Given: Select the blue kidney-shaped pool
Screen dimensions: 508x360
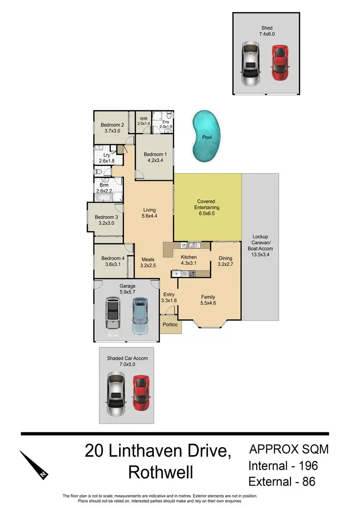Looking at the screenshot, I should (x=207, y=136).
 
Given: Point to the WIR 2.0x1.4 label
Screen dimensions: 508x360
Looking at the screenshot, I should (x=144, y=121).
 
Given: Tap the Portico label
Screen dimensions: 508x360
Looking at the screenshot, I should (x=170, y=325).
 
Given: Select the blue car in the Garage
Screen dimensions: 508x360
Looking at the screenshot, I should (x=140, y=316).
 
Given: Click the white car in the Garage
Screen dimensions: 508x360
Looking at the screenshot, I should (x=113, y=317).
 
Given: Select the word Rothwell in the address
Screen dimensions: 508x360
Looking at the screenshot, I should (x=160, y=473).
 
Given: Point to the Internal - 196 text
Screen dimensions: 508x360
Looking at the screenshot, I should (x=283, y=465).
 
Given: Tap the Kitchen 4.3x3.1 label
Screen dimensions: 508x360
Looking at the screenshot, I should (x=189, y=260).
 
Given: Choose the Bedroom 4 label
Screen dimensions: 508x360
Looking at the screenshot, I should (x=113, y=262).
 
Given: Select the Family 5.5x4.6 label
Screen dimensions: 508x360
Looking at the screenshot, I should (x=208, y=300).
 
